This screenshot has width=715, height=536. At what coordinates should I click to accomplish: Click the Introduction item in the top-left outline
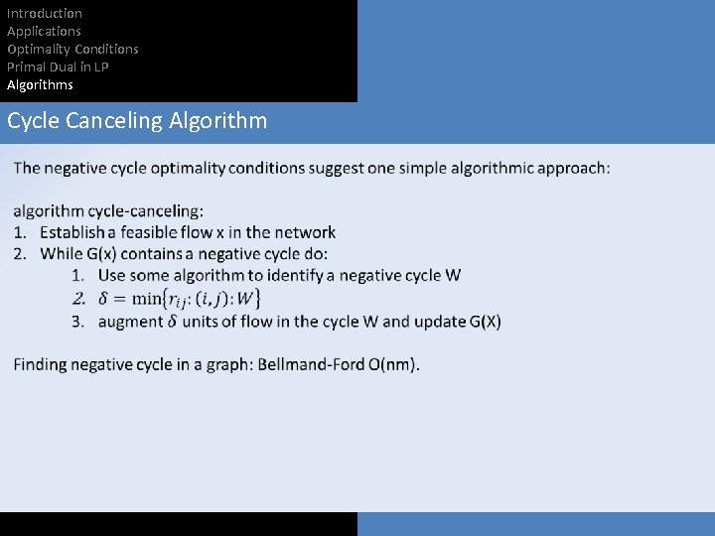point(45,13)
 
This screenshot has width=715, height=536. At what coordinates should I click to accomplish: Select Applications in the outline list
point(45,31)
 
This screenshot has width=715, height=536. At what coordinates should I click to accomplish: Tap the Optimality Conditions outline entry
point(72,49)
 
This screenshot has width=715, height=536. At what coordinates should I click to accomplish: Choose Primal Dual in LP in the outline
point(58,67)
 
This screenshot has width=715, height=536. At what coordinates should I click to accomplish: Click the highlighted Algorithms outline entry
point(40,84)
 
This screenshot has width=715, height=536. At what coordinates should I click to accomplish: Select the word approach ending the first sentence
point(573,168)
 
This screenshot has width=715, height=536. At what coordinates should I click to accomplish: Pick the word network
point(305,232)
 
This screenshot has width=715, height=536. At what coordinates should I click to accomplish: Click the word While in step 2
point(62,254)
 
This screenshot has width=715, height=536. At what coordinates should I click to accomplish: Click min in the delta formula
point(146,298)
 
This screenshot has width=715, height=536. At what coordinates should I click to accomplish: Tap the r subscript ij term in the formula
point(180,299)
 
